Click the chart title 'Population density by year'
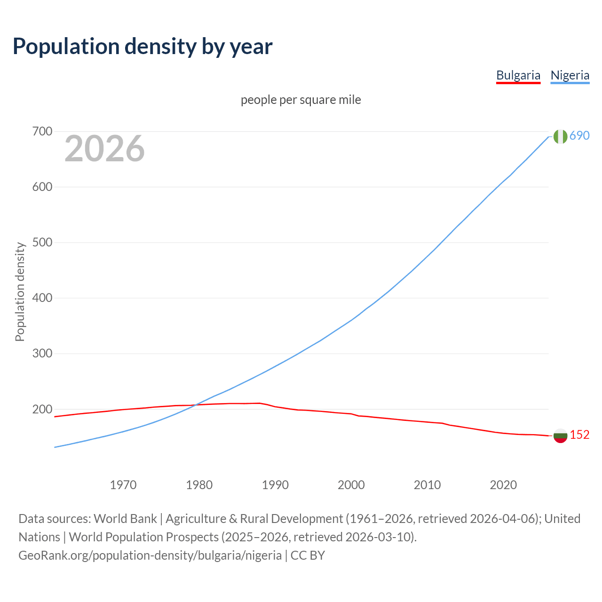[x=143, y=46]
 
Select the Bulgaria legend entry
[x=518, y=75]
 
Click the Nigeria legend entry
[x=570, y=75]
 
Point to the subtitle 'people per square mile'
[x=301, y=100]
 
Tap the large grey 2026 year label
[x=104, y=149]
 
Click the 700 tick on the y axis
[x=42, y=131]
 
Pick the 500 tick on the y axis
[x=42, y=242]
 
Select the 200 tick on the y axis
[x=42, y=409]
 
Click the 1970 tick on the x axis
[x=123, y=484]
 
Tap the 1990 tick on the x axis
[x=275, y=484]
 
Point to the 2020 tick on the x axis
[x=503, y=484]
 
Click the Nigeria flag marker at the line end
[x=560, y=136]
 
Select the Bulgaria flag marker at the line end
[x=560, y=436]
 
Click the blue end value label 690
[x=579, y=135]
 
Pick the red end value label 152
[x=579, y=435]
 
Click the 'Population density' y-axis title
[x=20, y=292]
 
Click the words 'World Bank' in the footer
[x=125, y=518]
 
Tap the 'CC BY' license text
[x=308, y=555]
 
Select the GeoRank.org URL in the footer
[x=150, y=555]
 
